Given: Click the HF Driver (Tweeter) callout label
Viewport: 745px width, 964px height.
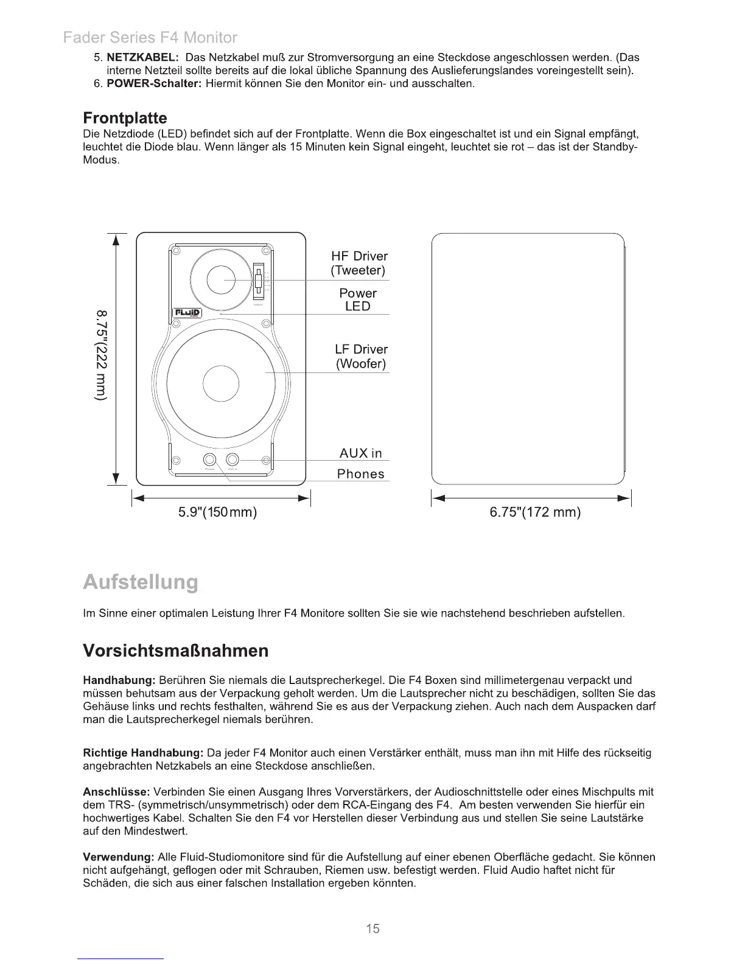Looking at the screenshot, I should point(359,263).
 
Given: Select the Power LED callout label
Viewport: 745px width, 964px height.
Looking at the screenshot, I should point(358,299).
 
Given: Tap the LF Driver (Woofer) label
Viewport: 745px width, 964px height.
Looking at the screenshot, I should point(361,357).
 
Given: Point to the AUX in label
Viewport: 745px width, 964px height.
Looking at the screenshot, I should point(360,453).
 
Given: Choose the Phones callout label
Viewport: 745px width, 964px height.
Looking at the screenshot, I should point(361,474).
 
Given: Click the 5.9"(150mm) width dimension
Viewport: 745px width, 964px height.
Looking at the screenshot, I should point(217,512).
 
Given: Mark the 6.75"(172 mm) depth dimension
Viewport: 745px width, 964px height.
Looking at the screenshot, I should point(535,512).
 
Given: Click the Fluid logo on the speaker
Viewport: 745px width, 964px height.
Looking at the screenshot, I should point(187,313).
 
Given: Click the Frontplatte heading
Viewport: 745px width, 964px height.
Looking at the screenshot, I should point(125,118).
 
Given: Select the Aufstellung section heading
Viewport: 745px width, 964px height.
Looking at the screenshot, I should point(141,582).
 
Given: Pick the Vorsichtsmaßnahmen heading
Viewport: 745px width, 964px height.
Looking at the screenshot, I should point(175,651).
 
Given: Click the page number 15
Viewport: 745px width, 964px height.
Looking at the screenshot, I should point(372,928).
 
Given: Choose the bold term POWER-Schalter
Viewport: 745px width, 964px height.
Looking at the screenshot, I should point(154,83).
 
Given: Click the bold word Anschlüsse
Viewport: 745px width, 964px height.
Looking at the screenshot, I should point(116,792).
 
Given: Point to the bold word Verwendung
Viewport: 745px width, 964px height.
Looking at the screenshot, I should point(119,857).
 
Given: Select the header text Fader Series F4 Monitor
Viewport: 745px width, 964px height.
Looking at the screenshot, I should point(150,38).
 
